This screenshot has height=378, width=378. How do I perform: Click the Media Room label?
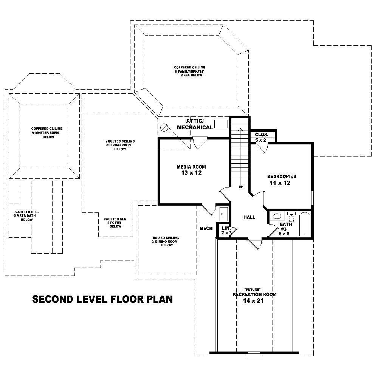[x=191, y=167]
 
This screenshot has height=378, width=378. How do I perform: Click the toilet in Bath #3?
[x=291, y=218]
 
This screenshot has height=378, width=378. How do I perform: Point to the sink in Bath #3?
[x=278, y=216]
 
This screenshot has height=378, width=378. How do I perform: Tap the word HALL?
[x=249, y=217]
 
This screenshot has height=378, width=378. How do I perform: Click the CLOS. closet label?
[x=262, y=135]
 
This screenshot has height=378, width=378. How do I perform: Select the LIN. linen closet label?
[x=226, y=228]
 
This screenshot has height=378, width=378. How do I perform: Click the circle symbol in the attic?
[x=164, y=127]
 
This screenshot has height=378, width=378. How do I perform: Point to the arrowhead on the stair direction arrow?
[x=240, y=130]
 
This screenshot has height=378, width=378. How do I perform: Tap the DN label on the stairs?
[x=240, y=187]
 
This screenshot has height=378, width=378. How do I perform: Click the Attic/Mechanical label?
[x=195, y=124]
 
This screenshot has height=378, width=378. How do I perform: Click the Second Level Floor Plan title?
[x=102, y=299]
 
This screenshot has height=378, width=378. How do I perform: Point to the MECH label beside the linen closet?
[x=206, y=228]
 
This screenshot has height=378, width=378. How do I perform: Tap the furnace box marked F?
[x=223, y=214]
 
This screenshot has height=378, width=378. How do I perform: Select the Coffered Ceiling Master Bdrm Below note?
[x=47, y=133]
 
